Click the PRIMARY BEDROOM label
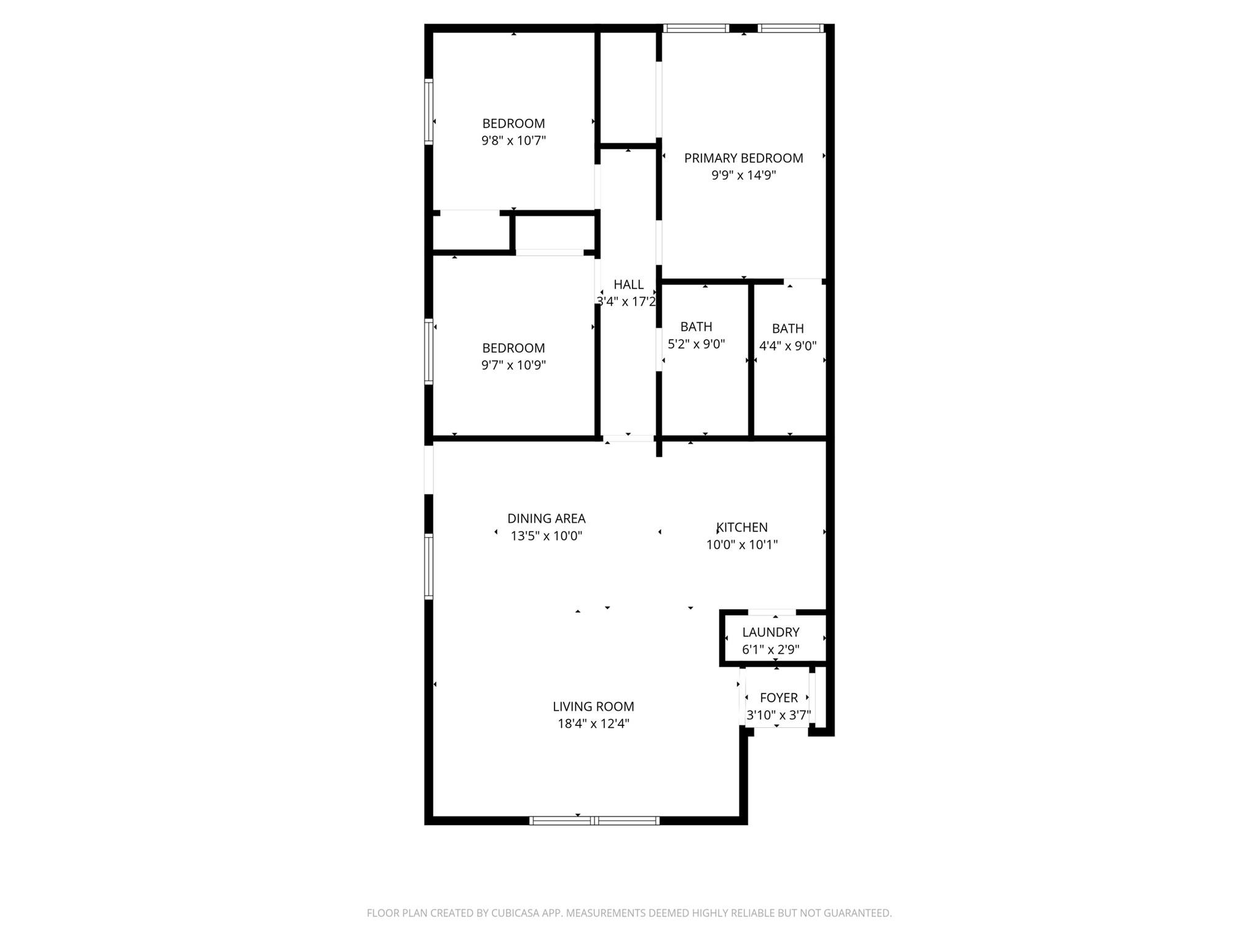743,158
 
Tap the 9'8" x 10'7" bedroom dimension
513,141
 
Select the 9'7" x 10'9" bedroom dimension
513,365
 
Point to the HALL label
628,284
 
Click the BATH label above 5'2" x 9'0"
696,327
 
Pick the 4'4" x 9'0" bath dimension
787,346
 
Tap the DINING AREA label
546,519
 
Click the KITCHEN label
742,527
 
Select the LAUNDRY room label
770,632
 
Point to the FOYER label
778,698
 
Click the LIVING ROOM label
593,706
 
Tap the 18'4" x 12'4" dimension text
593,724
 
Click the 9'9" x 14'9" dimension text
743,175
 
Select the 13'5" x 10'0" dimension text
546,536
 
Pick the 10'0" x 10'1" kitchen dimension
742,544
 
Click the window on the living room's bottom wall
594,820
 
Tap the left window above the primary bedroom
695,28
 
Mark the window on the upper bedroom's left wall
428,111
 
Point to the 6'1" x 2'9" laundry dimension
770,649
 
